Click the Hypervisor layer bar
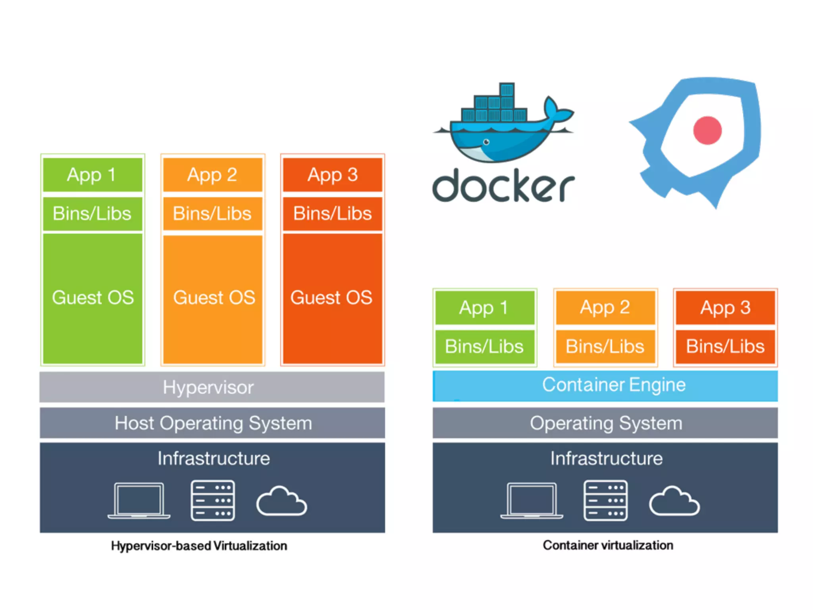point(212,387)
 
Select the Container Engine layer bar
point(605,386)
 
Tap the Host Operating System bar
point(212,423)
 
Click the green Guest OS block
point(92,298)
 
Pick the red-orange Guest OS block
point(332,298)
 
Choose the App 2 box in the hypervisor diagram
point(212,175)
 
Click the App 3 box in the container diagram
point(725,307)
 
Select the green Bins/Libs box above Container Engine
point(484,346)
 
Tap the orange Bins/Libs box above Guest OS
point(212,214)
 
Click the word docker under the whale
point(503,186)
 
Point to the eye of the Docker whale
point(486,142)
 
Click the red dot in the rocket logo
point(707,130)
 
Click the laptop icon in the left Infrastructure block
point(139,500)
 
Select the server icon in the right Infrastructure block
point(605,500)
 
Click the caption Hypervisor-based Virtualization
point(199,546)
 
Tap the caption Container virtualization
point(608,545)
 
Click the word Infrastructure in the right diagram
point(606,458)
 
